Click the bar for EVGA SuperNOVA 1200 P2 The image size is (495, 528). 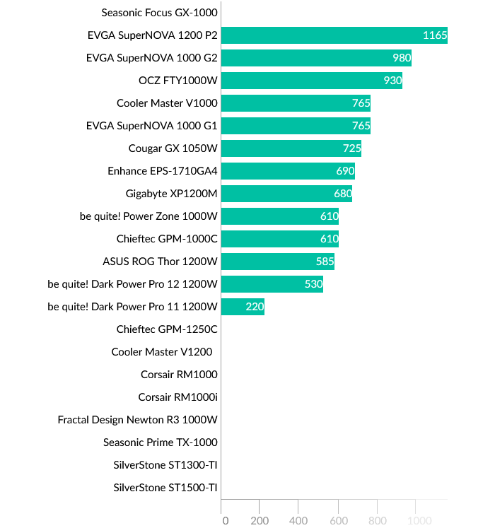[x=334, y=35]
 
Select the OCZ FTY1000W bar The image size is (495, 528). [x=311, y=81]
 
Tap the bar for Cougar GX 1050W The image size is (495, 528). [x=291, y=148]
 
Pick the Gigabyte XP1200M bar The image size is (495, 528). [x=286, y=194]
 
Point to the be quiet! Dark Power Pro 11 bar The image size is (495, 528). [x=243, y=307]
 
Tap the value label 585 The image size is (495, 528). [x=325, y=262]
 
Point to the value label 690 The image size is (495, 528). [x=345, y=171]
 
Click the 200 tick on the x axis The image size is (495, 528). [x=260, y=521]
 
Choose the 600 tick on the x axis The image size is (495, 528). [x=337, y=521]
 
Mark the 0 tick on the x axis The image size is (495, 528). [x=225, y=521]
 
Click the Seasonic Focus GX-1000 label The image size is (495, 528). [x=159, y=13]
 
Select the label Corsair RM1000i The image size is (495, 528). [x=177, y=397]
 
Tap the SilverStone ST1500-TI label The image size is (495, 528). [x=165, y=488]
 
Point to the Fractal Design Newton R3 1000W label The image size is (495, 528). [x=137, y=420]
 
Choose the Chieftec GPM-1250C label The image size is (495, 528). [x=167, y=329]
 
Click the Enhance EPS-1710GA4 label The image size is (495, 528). [x=163, y=171]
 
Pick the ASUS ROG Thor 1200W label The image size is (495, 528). [x=160, y=262]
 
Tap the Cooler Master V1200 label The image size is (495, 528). [x=161, y=352]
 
